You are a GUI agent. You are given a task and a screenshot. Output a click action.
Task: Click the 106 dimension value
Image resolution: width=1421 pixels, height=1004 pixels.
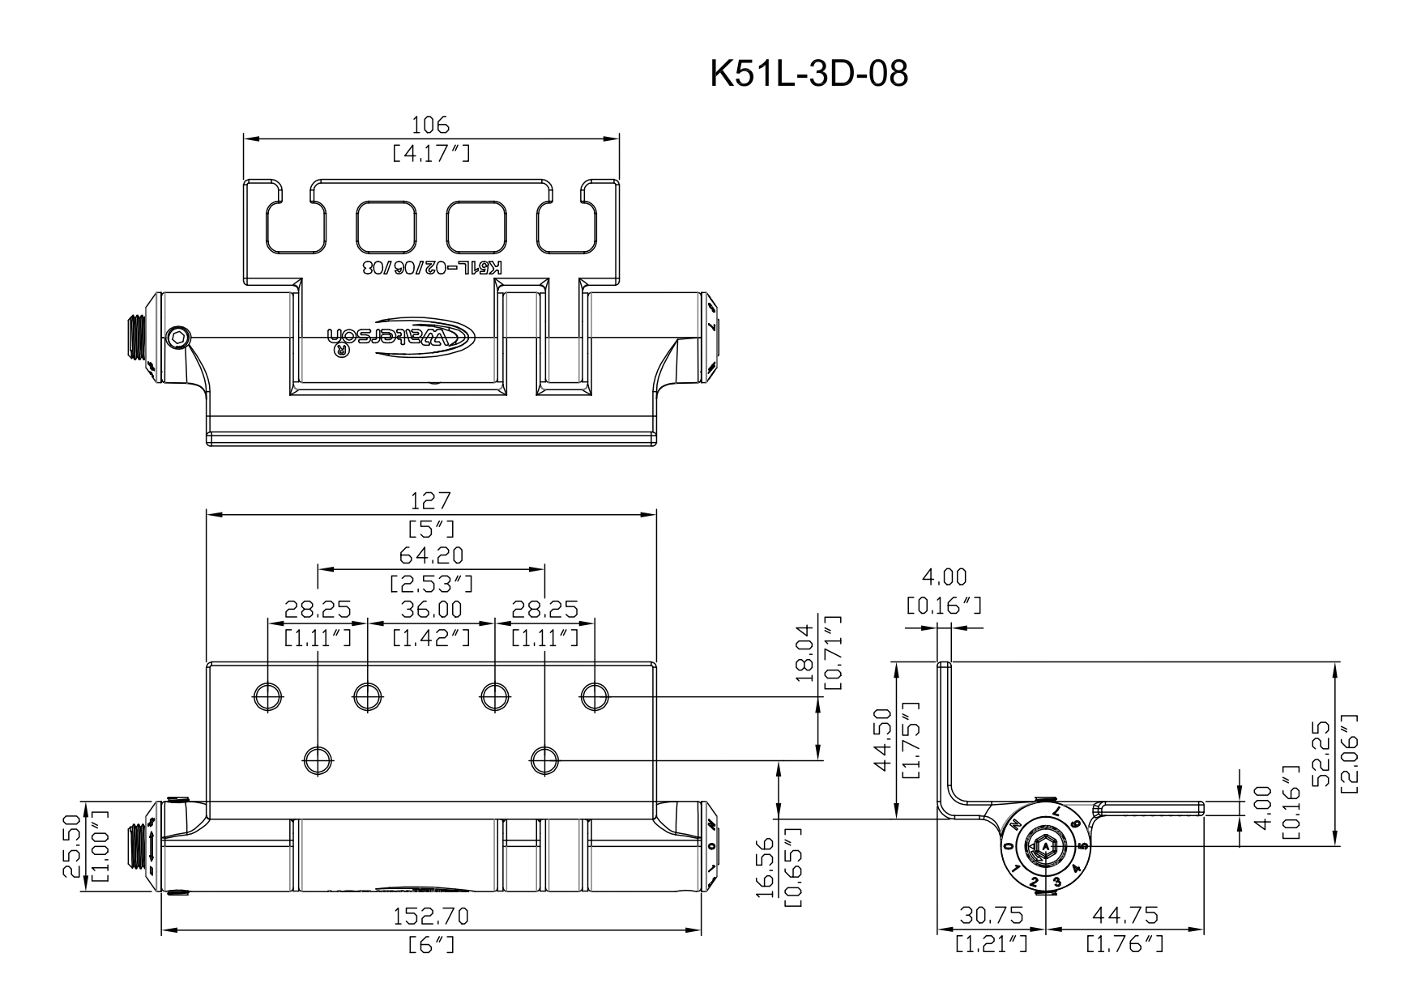coord(431,125)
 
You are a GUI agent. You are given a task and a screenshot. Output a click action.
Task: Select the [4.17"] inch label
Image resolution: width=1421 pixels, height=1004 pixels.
coord(431,153)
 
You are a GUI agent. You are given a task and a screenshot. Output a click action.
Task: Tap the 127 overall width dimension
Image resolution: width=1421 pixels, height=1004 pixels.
coord(431,501)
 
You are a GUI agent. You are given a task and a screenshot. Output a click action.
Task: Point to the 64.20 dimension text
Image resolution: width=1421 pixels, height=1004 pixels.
coord(431,555)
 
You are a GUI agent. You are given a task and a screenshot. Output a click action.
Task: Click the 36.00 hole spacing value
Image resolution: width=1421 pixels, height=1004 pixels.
coord(431,609)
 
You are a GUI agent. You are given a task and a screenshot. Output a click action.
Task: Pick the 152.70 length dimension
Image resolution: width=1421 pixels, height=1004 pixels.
coord(431,917)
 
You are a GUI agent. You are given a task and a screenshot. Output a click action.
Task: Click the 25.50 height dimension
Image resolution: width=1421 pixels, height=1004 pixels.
coord(72,846)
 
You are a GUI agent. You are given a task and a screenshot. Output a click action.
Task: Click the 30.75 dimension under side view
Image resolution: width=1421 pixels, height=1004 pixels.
coord(991,915)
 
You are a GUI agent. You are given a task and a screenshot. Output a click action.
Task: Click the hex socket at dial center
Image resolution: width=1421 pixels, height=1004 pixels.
coord(1045,848)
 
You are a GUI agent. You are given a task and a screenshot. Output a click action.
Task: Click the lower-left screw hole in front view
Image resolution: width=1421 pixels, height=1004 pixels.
coord(318,759)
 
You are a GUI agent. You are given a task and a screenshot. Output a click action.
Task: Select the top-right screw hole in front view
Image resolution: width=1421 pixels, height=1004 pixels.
coord(595,695)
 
